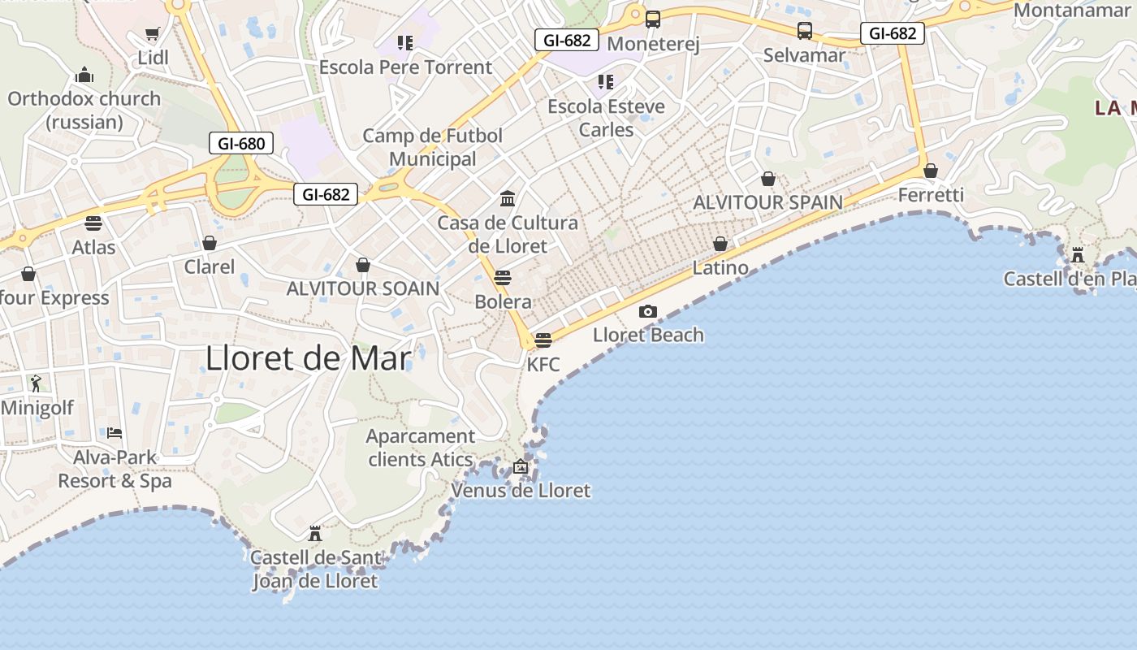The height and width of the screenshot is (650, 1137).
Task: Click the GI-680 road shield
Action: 241,144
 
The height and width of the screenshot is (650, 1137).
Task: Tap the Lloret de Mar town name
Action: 309,357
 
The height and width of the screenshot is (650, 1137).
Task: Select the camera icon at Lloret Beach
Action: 647,311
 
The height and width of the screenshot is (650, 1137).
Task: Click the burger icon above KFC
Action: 543,340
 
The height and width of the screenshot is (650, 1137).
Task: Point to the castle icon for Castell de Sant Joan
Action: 315,534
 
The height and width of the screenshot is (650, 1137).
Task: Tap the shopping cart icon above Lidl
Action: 152,33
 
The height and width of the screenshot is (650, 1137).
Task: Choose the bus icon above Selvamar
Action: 804,31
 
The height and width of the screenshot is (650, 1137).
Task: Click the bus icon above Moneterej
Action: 652,19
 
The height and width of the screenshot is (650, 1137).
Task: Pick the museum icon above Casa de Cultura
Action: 508,198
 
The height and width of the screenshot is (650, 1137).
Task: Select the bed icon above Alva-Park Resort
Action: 115,432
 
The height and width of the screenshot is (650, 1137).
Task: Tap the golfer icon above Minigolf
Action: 36,383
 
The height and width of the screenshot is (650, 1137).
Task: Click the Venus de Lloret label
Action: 521,491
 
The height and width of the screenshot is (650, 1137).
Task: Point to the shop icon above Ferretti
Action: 931,171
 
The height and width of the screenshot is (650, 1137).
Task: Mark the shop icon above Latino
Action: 720,244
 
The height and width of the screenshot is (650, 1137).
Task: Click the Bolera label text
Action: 504,302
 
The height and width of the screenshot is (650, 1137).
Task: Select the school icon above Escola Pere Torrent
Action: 404,42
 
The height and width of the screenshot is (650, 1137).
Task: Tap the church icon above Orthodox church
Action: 84,76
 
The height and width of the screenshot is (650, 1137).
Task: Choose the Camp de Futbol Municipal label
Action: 433,147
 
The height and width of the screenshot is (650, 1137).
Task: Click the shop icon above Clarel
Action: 210,243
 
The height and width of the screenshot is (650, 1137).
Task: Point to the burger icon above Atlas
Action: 93,223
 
